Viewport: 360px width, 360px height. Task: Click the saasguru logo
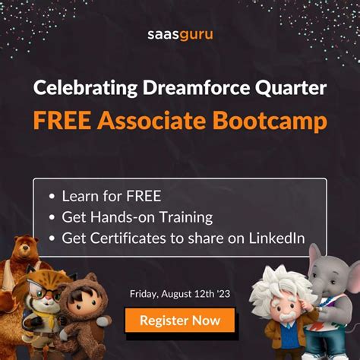pos(180,33)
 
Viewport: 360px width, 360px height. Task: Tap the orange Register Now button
pos(180,320)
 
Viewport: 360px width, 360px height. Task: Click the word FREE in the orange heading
pos(58,121)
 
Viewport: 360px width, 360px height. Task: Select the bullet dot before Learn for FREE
pos(51,196)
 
